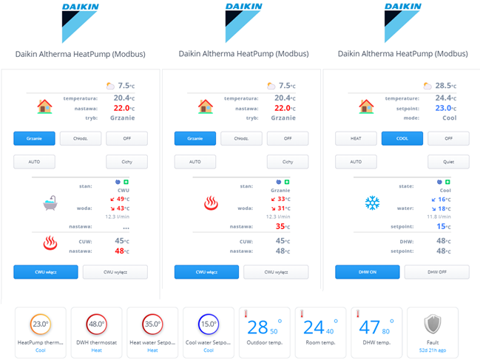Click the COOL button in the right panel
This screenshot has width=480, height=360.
402,138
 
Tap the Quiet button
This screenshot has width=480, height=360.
448,161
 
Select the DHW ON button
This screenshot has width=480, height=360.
368,272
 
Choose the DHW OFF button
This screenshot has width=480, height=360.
436,272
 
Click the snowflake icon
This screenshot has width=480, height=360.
372,202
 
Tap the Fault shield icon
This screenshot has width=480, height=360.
433,326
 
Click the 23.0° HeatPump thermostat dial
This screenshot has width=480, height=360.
40,324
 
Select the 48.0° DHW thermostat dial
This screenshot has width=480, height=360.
96,324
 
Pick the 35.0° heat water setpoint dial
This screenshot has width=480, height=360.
152,324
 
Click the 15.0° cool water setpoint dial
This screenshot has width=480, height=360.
208,324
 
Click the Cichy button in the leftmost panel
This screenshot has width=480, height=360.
126,161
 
